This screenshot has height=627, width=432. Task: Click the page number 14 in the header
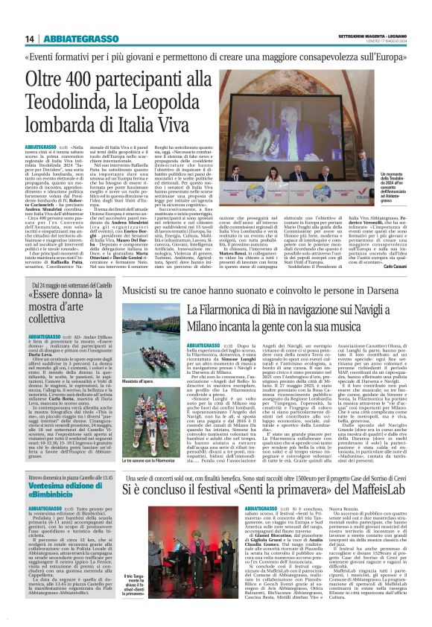pyautogui.click(x=29, y=39)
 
